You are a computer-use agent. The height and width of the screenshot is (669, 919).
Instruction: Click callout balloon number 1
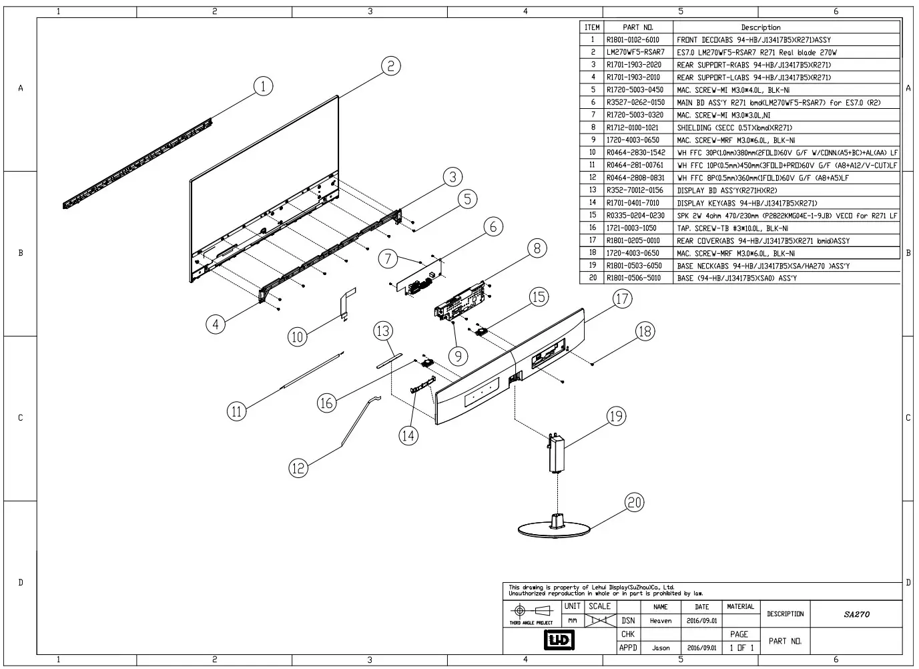pos(264,86)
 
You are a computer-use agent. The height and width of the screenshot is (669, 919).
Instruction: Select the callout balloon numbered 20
pos(634,502)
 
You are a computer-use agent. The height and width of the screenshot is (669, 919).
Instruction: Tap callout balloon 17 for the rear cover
pos(622,298)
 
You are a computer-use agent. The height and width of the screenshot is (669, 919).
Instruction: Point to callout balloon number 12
pos(298,468)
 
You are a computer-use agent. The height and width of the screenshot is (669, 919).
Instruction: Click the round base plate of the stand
pos(554,529)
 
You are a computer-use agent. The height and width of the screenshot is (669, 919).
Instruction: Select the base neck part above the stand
pos(556,454)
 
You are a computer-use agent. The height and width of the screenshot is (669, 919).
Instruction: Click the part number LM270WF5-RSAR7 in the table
pos(635,52)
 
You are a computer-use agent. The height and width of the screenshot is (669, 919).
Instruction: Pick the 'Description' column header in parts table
pos(760,27)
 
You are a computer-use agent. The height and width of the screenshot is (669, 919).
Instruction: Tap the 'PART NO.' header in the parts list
pos(637,27)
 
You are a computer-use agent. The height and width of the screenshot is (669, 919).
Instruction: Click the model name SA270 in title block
pos(857,614)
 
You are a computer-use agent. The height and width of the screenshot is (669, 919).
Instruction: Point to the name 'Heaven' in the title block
pos(660,620)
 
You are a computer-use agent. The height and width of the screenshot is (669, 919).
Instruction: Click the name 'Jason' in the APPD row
pos(660,648)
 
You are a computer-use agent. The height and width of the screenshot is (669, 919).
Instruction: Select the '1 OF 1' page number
pos(741,648)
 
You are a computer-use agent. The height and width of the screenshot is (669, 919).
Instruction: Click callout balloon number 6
pos(493,227)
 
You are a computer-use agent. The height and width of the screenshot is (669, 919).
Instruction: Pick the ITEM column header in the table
pos(591,27)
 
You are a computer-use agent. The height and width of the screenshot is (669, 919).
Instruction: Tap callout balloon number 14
pos(408,435)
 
